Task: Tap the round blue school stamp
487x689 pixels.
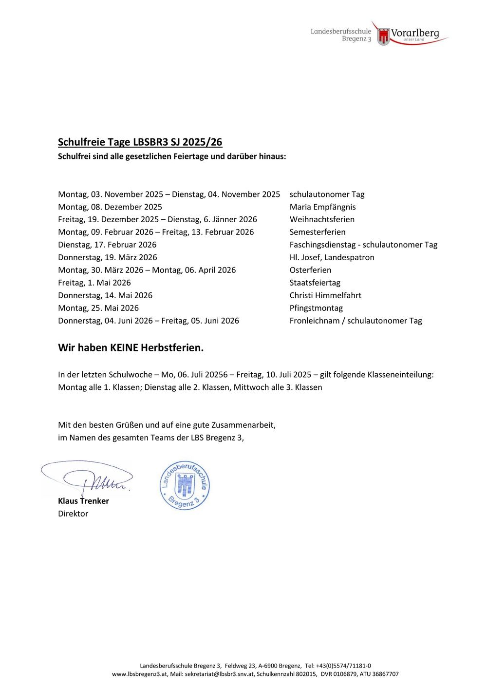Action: pos(185,485)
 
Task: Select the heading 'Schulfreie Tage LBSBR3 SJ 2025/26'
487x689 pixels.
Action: pos(140,142)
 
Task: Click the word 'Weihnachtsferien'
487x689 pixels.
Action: pos(322,219)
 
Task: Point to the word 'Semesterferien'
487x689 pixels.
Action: pos(318,232)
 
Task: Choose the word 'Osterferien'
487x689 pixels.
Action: pos(310,270)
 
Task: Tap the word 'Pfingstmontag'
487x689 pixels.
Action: pos(316,308)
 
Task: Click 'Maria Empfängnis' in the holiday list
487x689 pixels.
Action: pos(322,207)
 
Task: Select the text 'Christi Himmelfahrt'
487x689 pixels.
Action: pos(325,295)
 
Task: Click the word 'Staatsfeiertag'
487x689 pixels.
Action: pos(315,283)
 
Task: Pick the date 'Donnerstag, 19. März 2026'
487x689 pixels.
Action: pos(108,257)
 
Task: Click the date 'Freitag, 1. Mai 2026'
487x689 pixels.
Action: pos(94,283)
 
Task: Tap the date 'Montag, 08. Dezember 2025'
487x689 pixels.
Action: pos(110,207)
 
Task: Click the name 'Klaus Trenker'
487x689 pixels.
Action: pos(83,501)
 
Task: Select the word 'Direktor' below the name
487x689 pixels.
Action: pos(73,514)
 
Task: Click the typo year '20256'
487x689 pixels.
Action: pos(216,375)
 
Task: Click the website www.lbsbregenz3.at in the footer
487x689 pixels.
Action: pos(140,674)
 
